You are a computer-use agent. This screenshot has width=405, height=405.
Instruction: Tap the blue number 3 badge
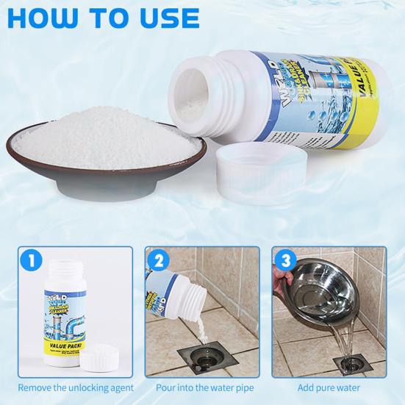click(x=286, y=259)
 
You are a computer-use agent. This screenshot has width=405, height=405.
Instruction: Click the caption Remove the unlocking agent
click(x=76, y=387)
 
